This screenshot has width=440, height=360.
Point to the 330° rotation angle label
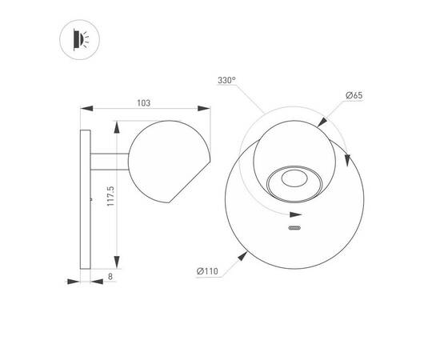pos(226,81)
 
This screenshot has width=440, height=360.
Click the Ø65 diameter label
pos(354,95)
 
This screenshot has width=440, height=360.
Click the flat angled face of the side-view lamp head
pos(190,178)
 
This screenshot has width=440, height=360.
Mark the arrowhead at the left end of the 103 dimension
pos(86,110)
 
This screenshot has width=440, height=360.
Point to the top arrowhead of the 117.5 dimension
pos(118,126)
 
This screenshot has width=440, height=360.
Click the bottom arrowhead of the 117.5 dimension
pos(118,266)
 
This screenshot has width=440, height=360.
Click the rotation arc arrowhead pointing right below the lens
pos(297,210)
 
